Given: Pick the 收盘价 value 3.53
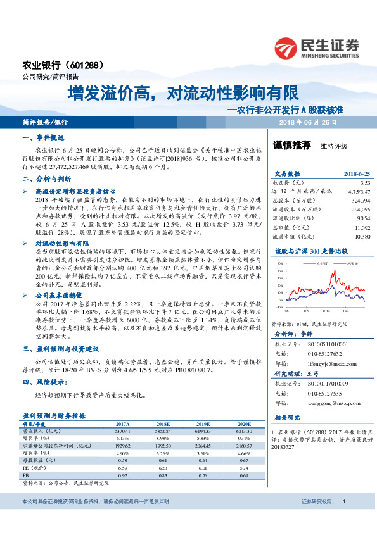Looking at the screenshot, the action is pyautogui.click(x=364, y=182).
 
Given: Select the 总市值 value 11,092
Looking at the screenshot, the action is pyautogui.click(x=362, y=226).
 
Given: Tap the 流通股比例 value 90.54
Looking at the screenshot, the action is pyautogui.click(x=362, y=217).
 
